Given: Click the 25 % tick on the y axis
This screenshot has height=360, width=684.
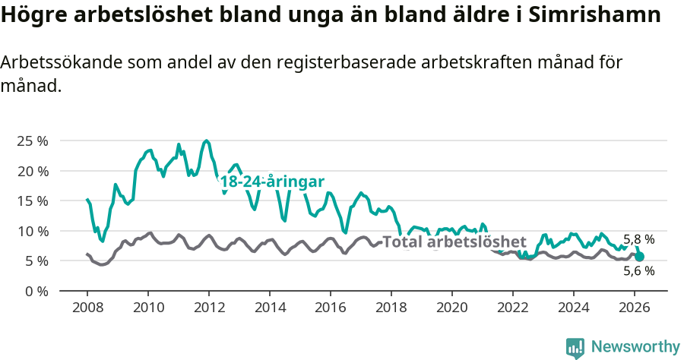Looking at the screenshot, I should [31, 141].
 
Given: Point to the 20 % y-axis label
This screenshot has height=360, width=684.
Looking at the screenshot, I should [31, 171].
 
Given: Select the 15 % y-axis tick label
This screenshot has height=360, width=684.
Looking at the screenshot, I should [31, 201].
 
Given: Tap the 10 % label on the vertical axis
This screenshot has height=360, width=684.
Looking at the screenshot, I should [31, 231].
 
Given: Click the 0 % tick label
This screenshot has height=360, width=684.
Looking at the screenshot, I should [35, 291].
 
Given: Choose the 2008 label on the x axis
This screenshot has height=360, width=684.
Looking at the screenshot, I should [87, 307].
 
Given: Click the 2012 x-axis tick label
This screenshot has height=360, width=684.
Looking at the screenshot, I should [209, 307].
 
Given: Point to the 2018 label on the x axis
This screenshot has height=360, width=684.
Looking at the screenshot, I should [391, 307].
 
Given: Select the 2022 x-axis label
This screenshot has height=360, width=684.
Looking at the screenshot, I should [513, 307].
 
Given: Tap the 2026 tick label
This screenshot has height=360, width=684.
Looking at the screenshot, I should [635, 307].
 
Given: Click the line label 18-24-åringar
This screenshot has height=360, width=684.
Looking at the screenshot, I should [272, 182].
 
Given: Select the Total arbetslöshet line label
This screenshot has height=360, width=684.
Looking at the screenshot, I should [454, 242].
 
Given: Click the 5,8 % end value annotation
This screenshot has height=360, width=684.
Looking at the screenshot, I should [638, 238].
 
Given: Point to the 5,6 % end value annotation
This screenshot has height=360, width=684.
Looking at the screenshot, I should [638, 270].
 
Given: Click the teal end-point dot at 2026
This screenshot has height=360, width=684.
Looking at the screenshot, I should [639, 257].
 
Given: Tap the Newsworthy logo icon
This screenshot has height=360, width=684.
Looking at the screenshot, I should [575, 347].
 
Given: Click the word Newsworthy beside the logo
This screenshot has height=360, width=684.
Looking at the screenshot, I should [635, 347].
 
